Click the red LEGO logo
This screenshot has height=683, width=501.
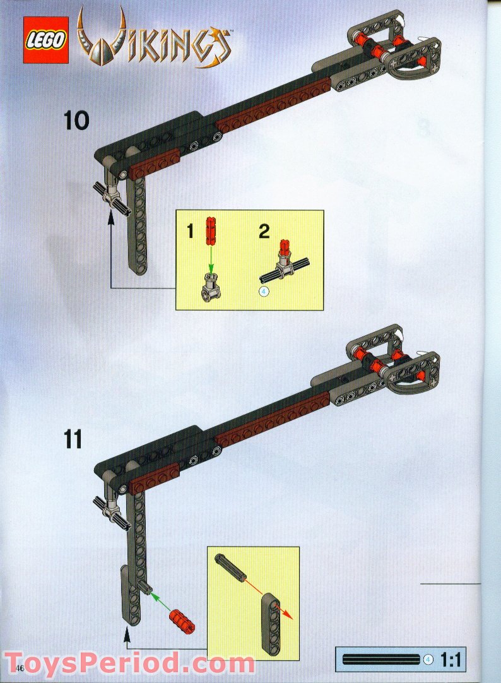click(x=45, y=40)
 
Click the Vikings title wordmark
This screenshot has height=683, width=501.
click(x=154, y=40)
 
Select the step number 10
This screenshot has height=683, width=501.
click(x=76, y=121)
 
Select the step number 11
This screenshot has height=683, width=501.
click(x=73, y=439)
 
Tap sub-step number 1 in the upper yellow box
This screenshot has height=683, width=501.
click(x=190, y=232)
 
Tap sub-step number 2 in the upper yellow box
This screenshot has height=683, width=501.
click(x=264, y=231)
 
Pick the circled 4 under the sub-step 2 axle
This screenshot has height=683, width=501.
click(x=262, y=292)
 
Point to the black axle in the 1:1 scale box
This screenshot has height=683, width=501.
click(x=381, y=660)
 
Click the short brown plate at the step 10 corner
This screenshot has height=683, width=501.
click(x=155, y=163)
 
